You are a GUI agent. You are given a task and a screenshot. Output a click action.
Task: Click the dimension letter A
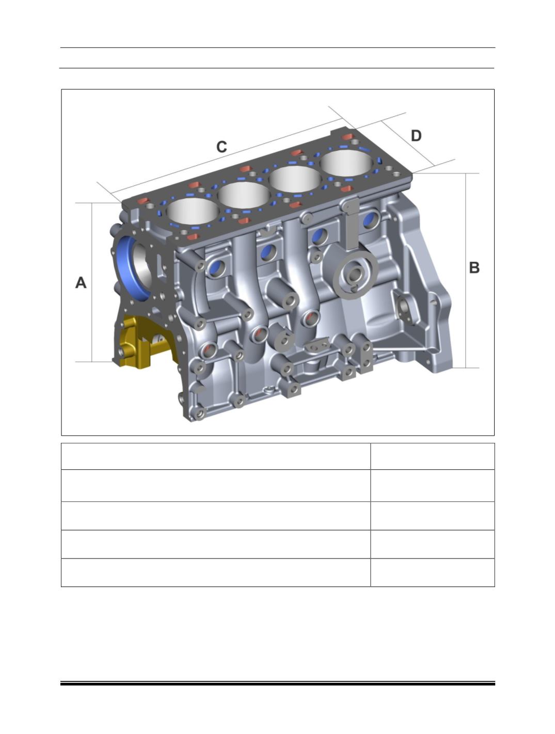point(81,283)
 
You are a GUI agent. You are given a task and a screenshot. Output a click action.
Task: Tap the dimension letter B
point(474,267)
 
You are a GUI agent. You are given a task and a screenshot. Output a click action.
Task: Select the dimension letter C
point(221,147)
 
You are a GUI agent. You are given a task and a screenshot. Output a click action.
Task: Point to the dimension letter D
point(416,136)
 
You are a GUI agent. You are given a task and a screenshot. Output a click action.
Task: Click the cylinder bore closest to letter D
point(346,163)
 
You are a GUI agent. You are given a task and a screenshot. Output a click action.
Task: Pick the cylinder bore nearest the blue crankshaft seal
point(192,211)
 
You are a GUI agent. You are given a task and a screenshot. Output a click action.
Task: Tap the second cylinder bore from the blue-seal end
point(244,195)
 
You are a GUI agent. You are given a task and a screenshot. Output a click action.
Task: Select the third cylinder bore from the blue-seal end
point(295,179)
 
